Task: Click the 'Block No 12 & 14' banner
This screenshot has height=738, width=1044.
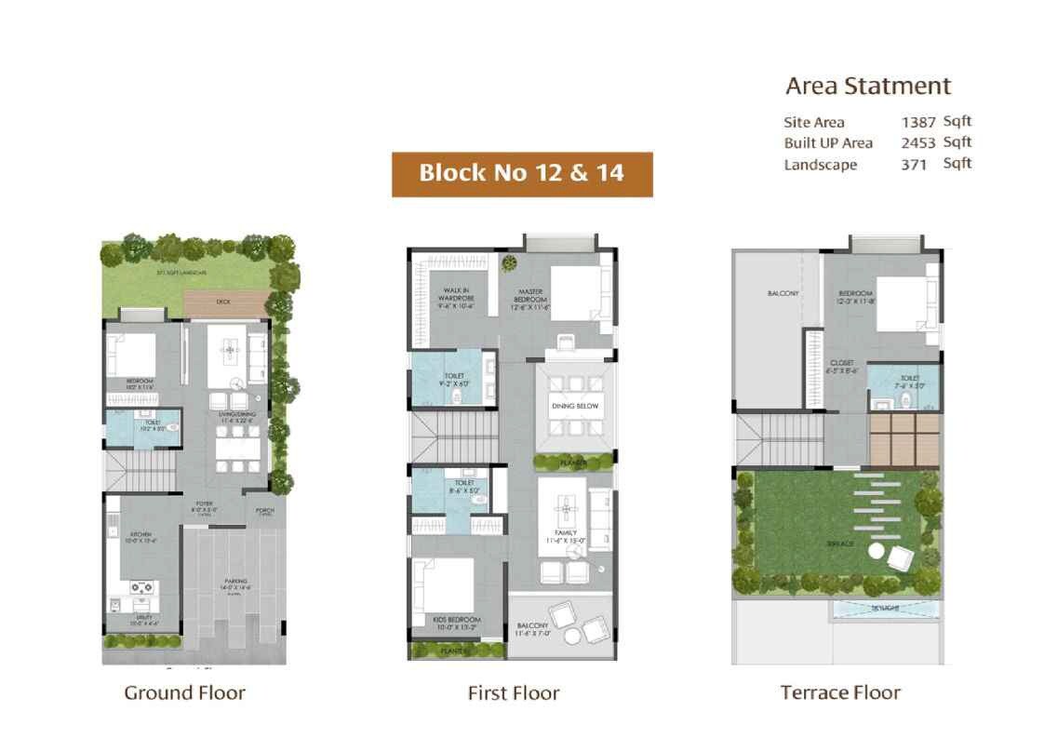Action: [x=521, y=173]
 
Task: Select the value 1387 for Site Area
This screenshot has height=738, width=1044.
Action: [x=917, y=123]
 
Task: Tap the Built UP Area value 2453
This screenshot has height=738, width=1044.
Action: [x=917, y=143]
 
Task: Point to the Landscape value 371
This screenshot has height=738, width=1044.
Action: [x=913, y=165]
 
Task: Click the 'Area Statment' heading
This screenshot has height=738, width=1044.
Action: [x=867, y=87]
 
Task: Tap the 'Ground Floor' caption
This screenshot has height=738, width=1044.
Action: [x=184, y=692]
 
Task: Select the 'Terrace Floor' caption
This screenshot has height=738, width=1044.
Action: [x=839, y=692]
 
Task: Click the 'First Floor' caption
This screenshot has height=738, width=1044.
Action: [x=513, y=693]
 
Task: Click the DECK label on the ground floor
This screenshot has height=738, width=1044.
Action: [x=222, y=302]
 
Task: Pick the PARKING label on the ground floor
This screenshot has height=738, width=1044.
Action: [x=234, y=581]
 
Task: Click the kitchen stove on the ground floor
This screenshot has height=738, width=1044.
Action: [x=143, y=587]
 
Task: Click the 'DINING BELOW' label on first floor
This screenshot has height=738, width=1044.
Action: [x=574, y=407]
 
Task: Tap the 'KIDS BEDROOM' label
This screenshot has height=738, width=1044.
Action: [x=456, y=619]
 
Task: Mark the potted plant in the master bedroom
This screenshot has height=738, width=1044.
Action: [x=509, y=263]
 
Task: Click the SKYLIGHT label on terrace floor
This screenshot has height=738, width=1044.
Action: [x=885, y=609]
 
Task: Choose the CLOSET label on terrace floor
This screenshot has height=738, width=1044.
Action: [x=841, y=364]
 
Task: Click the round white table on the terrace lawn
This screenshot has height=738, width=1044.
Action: [x=877, y=552]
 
